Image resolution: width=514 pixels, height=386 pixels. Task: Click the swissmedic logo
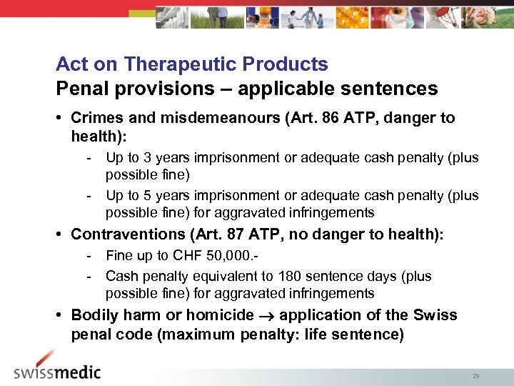pos(57,368)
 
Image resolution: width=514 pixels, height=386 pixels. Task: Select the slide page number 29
pos(475,375)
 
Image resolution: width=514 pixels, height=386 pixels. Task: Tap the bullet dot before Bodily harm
pos(61,315)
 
